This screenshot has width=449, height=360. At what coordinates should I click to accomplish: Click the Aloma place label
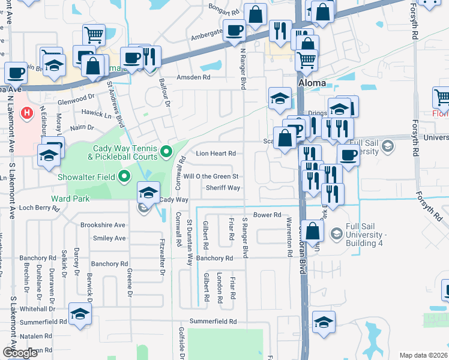(312, 83)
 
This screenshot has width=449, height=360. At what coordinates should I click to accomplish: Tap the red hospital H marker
(26, 112)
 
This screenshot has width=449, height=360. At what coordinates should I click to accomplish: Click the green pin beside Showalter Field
(124, 176)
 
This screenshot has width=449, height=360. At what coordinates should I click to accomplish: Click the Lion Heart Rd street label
(215, 154)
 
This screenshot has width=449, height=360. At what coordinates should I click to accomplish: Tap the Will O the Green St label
(211, 176)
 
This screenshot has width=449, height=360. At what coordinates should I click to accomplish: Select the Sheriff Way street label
(223, 188)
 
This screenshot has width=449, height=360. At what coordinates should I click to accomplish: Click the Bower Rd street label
(267, 214)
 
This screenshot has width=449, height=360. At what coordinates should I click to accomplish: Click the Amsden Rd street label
(193, 77)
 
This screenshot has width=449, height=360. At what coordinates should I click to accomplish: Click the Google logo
(20, 353)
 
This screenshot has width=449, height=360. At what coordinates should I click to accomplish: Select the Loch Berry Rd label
(40, 208)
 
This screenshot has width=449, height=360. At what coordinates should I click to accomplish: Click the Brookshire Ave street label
(103, 225)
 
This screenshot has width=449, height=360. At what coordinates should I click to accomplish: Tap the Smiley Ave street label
(109, 238)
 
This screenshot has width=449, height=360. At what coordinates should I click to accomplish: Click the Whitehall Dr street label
(37, 308)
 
